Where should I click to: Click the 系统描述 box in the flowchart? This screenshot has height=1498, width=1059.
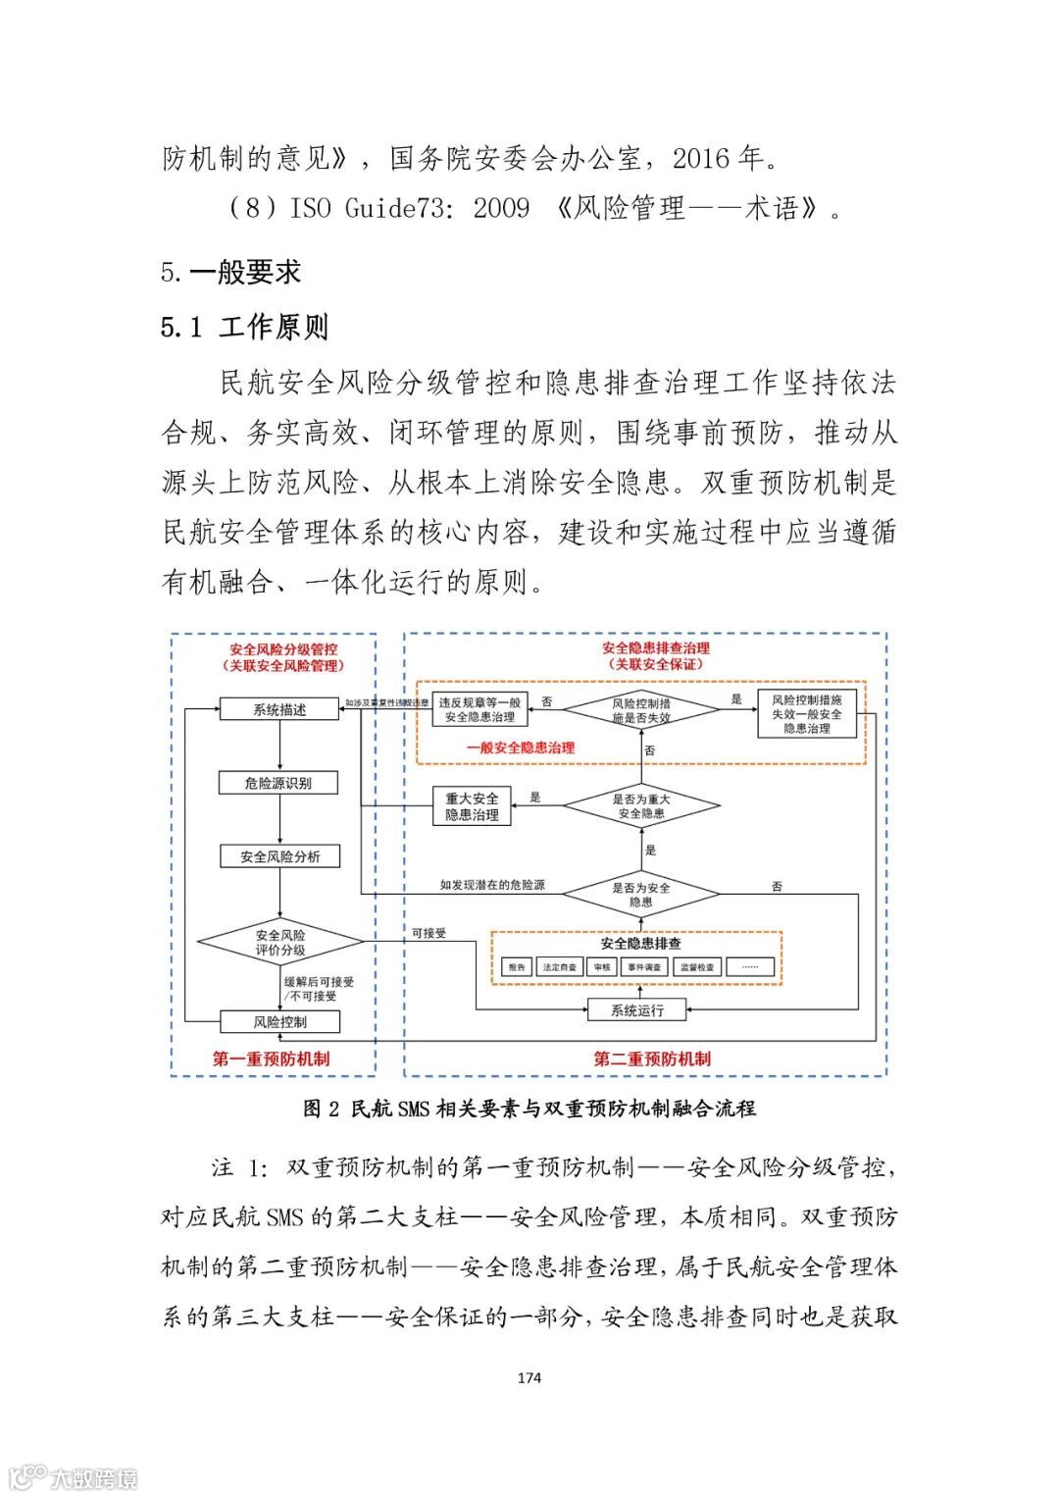click(279, 709)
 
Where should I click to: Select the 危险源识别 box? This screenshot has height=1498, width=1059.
click(279, 783)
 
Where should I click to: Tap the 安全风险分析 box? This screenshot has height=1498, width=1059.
click(279, 856)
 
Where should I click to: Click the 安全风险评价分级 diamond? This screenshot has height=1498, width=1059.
click(280, 943)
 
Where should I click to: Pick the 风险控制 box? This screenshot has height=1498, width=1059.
click(279, 1021)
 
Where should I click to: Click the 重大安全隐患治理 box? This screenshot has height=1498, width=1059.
click(472, 806)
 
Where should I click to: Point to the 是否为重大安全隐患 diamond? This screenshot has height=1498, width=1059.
click(641, 806)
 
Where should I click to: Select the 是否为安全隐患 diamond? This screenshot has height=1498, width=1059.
click(641, 894)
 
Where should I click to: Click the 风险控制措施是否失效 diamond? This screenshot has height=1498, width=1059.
click(641, 710)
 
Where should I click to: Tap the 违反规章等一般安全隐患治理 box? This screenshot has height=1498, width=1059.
click(479, 709)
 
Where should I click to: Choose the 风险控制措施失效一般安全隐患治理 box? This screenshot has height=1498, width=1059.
click(806, 714)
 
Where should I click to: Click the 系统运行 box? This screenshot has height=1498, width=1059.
click(636, 1009)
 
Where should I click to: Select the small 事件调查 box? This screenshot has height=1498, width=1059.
click(643, 967)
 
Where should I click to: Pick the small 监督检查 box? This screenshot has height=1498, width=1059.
click(697, 967)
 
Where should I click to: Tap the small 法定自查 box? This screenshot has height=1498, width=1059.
click(559, 967)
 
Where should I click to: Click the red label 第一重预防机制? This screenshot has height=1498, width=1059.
click(271, 1059)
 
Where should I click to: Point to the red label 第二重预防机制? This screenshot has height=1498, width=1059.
click(651, 1059)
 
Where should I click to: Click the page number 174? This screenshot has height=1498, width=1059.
click(529, 1377)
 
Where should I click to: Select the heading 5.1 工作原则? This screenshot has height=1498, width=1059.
click(244, 327)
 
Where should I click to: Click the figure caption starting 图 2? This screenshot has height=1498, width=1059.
click(529, 1109)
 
